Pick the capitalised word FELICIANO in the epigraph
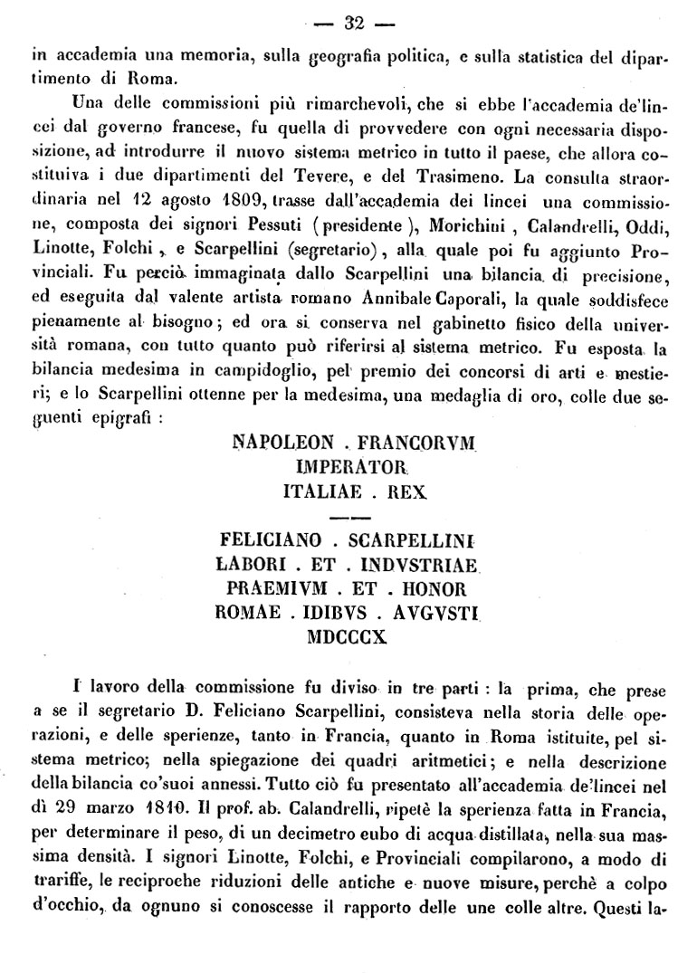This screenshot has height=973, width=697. coord(271,541)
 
